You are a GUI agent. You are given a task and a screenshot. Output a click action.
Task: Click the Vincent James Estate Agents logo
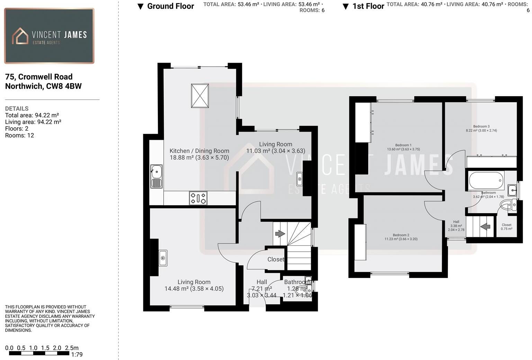click(x=49, y=36)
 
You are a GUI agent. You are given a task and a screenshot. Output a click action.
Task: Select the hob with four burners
click(x=198, y=198)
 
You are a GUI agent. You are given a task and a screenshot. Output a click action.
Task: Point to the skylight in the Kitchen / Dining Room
click(x=200, y=96)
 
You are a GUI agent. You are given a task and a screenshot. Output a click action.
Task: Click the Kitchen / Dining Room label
click(x=199, y=151)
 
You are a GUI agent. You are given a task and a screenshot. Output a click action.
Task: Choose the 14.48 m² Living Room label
click(x=194, y=285)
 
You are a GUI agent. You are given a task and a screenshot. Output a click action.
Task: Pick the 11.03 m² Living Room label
click(x=276, y=147)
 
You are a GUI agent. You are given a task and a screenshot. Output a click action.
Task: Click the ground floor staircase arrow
click(x=280, y=234)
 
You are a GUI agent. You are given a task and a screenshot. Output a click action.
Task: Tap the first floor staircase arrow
click(x=485, y=227)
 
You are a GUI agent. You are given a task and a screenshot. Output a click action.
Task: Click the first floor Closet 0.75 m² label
click(x=506, y=227)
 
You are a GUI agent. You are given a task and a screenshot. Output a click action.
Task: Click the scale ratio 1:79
click(x=76, y=354)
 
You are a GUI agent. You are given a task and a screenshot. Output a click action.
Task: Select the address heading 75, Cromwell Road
click(x=39, y=77)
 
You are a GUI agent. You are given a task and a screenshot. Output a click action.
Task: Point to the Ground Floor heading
click(x=170, y=6)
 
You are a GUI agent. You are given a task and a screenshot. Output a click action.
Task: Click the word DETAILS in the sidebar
click(x=17, y=108)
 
